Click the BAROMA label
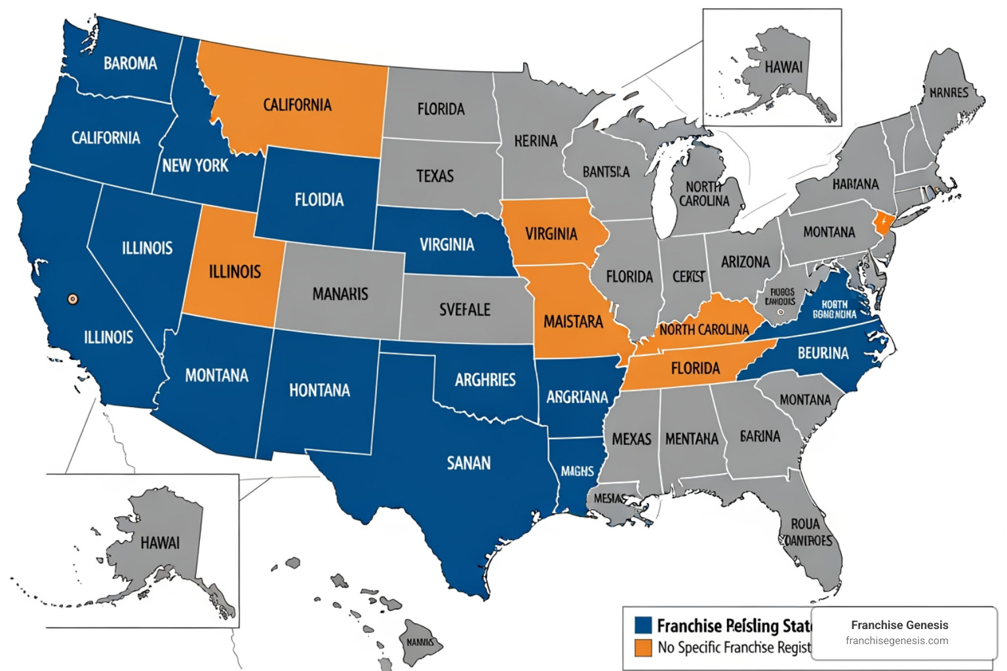tap(130, 64)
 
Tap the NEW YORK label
tap(195, 166)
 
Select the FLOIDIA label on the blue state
tap(319, 200)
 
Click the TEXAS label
tap(435, 176)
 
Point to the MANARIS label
tap(340, 294)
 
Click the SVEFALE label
tap(465, 309)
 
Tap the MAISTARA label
tap(573, 322)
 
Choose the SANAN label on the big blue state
tap(469, 463)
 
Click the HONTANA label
tap(319, 391)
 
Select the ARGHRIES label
tap(485, 380)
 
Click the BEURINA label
tap(823, 353)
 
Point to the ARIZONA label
tap(745, 262)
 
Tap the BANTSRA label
tap(606, 172)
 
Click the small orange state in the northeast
tap(883, 223)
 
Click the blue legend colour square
tap(643, 625)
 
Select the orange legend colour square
tap(643, 647)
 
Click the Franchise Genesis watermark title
tap(899, 625)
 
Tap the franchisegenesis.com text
tap(897, 641)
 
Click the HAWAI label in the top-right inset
tap(783, 67)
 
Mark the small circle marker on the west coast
tap(73, 299)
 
